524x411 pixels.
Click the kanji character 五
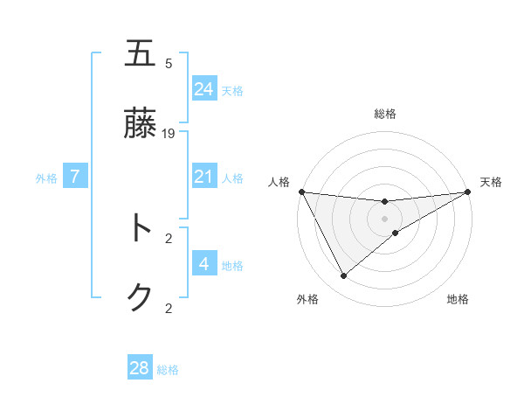(x=140, y=54)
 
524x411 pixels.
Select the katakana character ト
(x=140, y=228)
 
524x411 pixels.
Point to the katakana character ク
(x=140, y=297)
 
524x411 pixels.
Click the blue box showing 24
(x=203, y=88)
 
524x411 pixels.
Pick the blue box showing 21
(x=203, y=177)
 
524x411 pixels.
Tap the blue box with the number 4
(x=203, y=263)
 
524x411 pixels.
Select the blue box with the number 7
(x=75, y=177)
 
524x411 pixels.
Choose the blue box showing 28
(x=140, y=368)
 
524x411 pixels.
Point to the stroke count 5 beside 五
(x=169, y=63)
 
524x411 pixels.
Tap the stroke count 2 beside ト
(x=169, y=237)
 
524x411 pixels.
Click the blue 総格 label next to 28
(x=169, y=370)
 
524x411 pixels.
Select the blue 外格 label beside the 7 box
(x=46, y=178)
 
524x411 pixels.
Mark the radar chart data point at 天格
(x=468, y=192)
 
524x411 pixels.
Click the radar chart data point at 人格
(x=301, y=192)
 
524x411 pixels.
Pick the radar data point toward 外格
(x=343, y=276)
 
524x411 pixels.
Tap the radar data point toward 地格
(x=396, y=233)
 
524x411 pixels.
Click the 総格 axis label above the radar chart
(x=384, y=114)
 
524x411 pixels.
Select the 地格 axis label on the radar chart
(x=458, y=299)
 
